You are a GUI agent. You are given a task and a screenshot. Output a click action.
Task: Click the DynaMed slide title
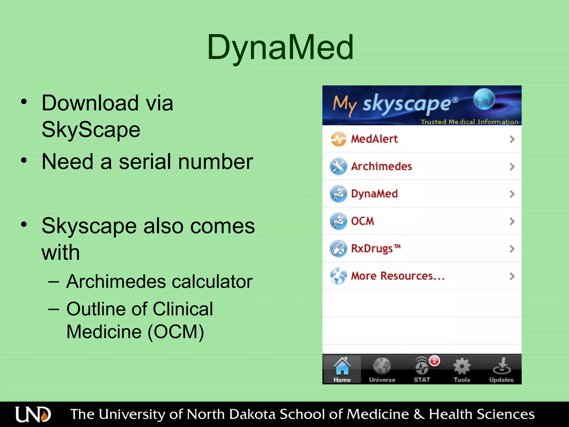click(x=280, y=47)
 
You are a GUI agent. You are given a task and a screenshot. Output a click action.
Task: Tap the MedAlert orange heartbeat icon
click(x=338, y=139)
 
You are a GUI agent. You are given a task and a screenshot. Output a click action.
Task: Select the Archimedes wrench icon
click(x=338, y=166)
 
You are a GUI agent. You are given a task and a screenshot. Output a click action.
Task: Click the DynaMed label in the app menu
click(x=374, y=194)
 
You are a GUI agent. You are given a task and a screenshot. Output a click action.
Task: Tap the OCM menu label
click(x=362, y=221)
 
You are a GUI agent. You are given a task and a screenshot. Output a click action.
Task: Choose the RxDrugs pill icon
click(x=338, y=249)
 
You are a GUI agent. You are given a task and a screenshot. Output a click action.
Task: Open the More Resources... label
click(x=398, y=276)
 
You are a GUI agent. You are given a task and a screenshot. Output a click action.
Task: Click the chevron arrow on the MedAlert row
click(x=512, y=139)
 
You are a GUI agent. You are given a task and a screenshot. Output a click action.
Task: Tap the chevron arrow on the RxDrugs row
click(x=512, y=249)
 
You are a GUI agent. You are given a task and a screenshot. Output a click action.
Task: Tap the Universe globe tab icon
click(x=382, y=366)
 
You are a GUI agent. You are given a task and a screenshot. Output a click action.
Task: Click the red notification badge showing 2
click(x=435, y=361)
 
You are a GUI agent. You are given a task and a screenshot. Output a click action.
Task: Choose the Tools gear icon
click(x=462, y=366)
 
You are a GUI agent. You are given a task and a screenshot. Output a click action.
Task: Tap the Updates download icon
click(x=501, y=366)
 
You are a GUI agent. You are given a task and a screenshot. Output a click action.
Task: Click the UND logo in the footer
click(x=33, y=414)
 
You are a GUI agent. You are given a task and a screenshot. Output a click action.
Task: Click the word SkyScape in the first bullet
click(x=91, y=130)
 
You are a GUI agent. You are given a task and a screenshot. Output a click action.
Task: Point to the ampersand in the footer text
click(x=419, y=414)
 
